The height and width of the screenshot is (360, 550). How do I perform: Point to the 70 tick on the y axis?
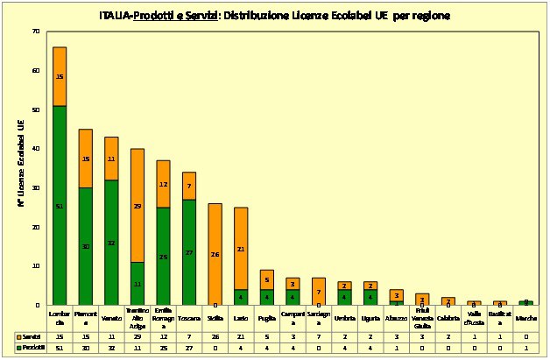[x=36, y=32]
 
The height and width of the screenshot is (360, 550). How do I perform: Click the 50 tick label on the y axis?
[x=36, y=110]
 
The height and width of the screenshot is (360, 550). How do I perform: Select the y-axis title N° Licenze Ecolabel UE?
[x=21, y=168]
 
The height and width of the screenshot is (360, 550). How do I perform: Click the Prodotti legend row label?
[x=32, y=348]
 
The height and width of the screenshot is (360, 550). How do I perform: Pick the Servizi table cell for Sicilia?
[x=215, y=336]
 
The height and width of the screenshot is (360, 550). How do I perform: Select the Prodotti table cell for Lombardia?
[x=60, y=348]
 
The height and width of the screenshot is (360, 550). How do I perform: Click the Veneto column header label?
[x=111, y=317]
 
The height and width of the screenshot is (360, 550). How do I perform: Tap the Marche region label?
[x=525, y=317]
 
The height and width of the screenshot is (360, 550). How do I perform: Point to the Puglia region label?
[x=266, y=317]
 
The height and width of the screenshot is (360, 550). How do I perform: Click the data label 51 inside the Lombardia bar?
[x=59, y=207]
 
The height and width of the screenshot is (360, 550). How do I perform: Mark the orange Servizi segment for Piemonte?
[x=86, y=159]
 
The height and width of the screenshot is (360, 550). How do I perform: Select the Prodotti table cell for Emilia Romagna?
[x=163, y=348]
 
